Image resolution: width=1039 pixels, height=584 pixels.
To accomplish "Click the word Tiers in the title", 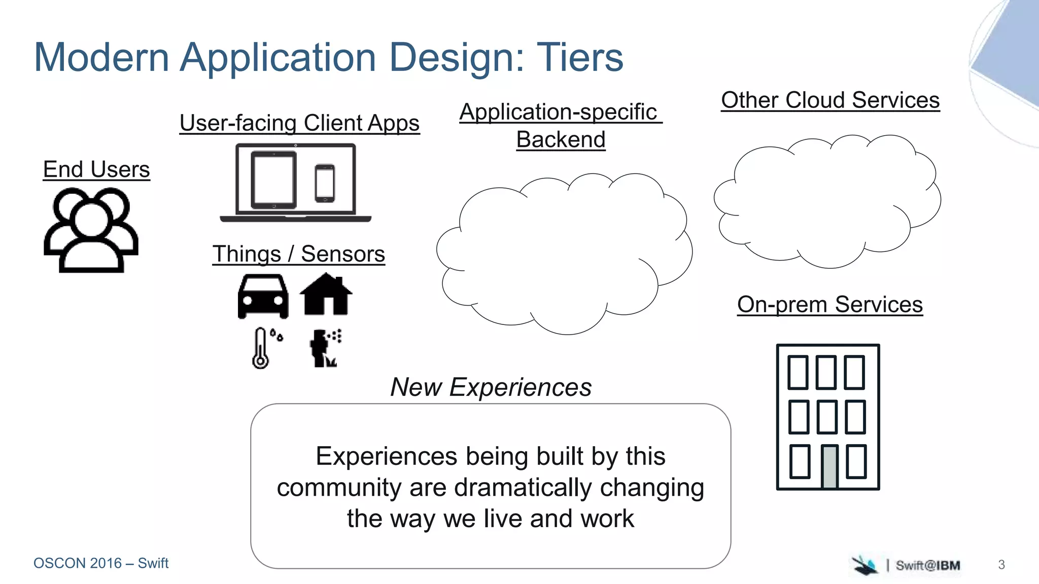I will [x=579, y=57].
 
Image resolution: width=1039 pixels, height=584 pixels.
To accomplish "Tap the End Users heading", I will [x=96, y=169].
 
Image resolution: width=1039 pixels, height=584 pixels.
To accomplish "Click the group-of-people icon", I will [x=91, y=231].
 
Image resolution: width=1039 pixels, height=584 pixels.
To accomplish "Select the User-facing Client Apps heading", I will [x=299, y=123].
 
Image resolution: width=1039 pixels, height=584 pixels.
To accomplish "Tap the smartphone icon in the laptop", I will [x=325, y=183].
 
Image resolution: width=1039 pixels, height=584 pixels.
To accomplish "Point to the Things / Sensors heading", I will [x=299, y=254].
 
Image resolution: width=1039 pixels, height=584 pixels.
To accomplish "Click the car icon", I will [x=263, y=297].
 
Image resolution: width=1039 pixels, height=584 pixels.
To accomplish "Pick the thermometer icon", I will [x=261, y=348].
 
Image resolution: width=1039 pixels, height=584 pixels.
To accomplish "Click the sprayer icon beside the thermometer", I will [x=324, y=348].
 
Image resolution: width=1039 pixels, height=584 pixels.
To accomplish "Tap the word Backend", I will [x=561, y=139].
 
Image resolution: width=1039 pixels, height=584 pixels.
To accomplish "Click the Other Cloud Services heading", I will [x=830, y=100].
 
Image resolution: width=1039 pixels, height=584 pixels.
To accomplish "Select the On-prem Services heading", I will [x=829, y=305].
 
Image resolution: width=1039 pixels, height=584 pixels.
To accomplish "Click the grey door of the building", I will [x=829, y=466].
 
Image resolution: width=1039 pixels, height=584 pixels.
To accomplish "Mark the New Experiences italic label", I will [x=491, y=387].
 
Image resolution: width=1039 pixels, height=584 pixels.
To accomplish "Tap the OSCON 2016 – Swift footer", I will [x=101, y=563].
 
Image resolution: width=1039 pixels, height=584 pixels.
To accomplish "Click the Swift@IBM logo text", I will [x=927, y=565].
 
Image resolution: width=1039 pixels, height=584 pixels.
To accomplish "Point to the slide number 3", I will [x=1001, y=565].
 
